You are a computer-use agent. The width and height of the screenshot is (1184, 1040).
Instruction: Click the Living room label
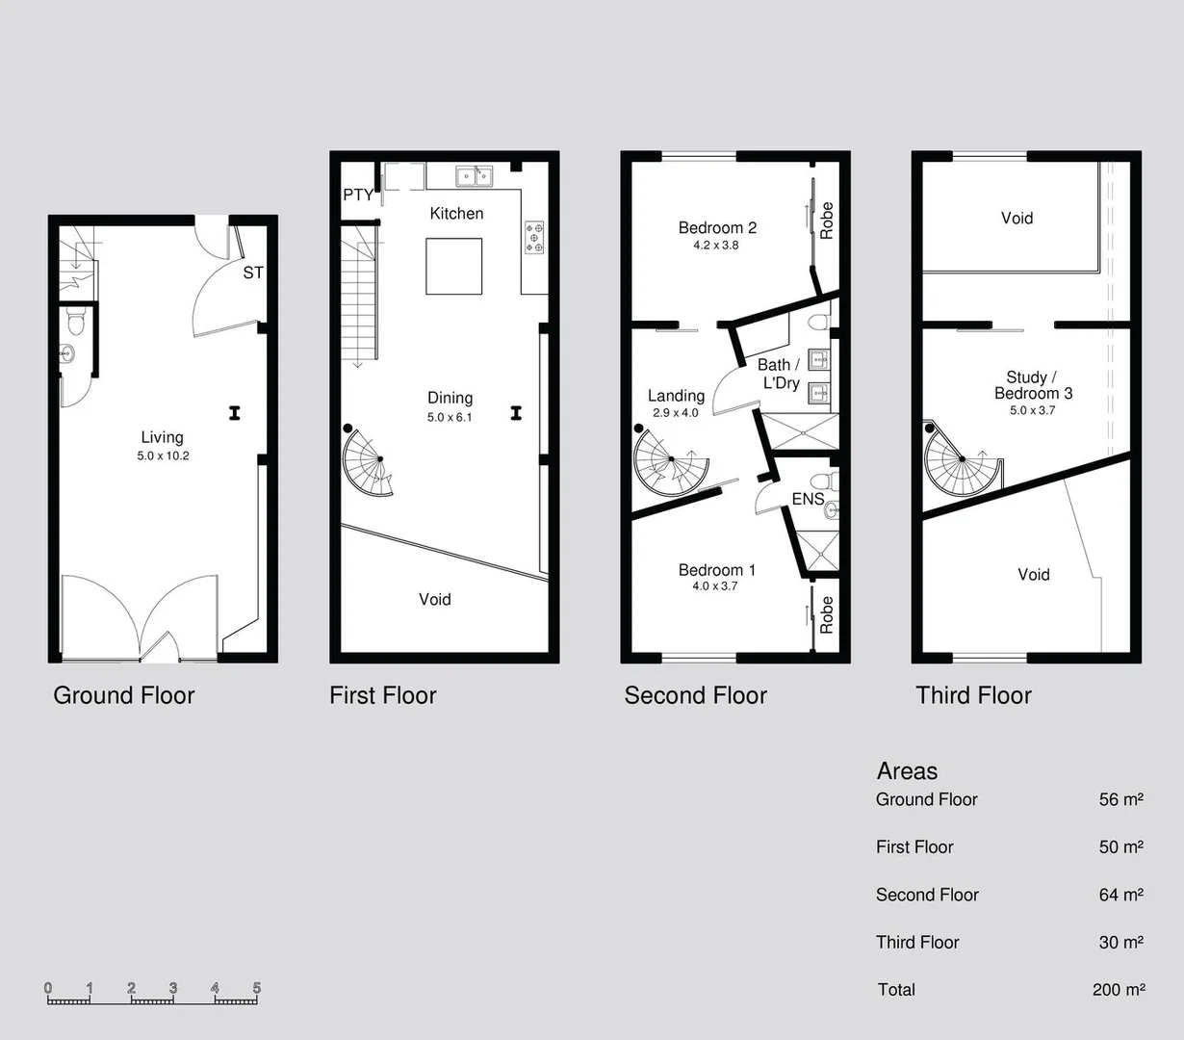tap(162, 437)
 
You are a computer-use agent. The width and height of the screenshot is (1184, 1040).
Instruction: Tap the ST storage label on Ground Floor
tap(253, 273)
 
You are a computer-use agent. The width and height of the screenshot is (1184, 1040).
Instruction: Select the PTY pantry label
tap(358, 195)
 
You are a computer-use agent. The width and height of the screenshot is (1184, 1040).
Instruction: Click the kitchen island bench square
tap(454, 266)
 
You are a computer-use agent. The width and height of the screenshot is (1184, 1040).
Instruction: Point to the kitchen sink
tap(474, 175)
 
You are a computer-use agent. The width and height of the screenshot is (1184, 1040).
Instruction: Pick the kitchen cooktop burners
tap(534, 237)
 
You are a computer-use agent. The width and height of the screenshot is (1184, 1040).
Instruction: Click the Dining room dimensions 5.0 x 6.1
tap(450, 417)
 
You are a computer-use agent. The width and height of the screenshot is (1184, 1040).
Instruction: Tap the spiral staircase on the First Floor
tap(369, 462)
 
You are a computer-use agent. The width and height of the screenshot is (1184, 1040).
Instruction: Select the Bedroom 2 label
tap(717, 227)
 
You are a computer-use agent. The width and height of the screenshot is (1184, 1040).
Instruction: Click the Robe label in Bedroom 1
tap(826, 614)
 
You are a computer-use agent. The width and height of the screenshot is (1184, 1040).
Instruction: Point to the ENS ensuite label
tap(808, 499)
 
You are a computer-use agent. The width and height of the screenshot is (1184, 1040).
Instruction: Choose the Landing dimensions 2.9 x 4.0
tap(676, 412)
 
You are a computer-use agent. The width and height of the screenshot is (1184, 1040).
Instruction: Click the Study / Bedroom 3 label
tap(1033, 385)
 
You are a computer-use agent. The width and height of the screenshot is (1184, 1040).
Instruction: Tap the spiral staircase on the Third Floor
tap(958, 465)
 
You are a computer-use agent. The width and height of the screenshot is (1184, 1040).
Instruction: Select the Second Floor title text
tap(695, 695)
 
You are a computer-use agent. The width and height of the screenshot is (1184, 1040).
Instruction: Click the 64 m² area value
tap(1120, 895)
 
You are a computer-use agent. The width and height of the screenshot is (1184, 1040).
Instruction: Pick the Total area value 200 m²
tap(1119, 989)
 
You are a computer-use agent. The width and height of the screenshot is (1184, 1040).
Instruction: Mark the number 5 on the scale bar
tap(257, 988)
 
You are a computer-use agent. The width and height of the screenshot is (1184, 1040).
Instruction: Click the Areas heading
tap(907, 771)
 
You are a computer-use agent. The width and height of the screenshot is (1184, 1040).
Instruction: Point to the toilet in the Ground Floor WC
tap(77, 321)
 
